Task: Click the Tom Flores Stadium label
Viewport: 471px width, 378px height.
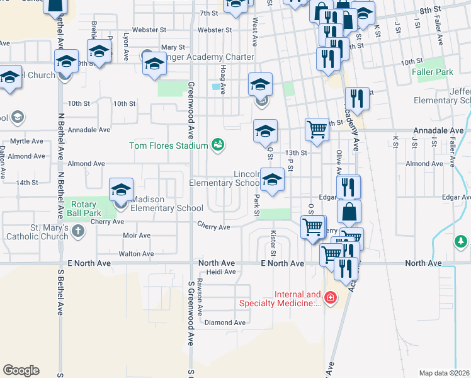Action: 168,146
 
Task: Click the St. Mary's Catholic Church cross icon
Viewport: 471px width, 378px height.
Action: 78,231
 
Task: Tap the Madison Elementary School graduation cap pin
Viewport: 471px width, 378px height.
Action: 121,190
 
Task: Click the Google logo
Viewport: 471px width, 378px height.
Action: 21,370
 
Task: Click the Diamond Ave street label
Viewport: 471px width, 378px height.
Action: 225,323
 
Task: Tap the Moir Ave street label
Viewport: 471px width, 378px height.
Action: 137,236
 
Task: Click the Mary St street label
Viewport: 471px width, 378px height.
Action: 173,47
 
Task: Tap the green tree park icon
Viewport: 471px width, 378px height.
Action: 461,241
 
